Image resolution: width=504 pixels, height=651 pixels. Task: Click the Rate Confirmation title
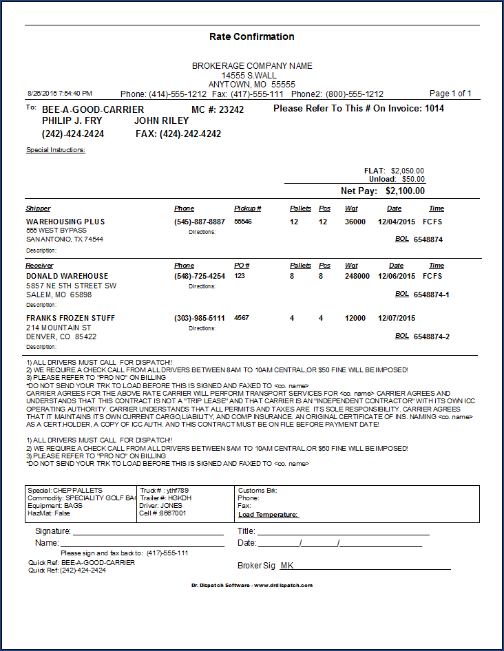[251, 36]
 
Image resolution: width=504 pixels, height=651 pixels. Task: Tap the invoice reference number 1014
[434, 108]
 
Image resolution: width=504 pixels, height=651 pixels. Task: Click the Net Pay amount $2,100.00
[405, 191]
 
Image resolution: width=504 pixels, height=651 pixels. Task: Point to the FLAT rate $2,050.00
[407, 171]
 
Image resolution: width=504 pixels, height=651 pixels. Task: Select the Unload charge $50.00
[413, 179]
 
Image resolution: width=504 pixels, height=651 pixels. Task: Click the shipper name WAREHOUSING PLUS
[65, 222]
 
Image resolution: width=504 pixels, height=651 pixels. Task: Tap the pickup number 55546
[243, 222]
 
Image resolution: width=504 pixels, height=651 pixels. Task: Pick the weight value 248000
[357, 276]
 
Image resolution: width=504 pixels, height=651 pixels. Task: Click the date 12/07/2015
[397, 318]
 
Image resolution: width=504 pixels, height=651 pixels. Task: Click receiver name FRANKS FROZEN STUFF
[70, 318]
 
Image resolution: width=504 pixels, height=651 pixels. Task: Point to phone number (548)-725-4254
[200, 276]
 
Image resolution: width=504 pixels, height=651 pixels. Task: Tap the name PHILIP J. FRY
[72, 121]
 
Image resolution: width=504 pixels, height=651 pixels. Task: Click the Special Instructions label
[56, 149]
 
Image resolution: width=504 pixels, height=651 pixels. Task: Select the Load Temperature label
[269, 514]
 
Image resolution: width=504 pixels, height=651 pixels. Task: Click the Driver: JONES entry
[161, 506]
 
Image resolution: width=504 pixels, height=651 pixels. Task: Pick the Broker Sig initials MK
[286, 566]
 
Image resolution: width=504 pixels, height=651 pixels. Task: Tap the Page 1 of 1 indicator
[450, 94]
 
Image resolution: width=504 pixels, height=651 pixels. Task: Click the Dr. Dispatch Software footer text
[251, 586]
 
